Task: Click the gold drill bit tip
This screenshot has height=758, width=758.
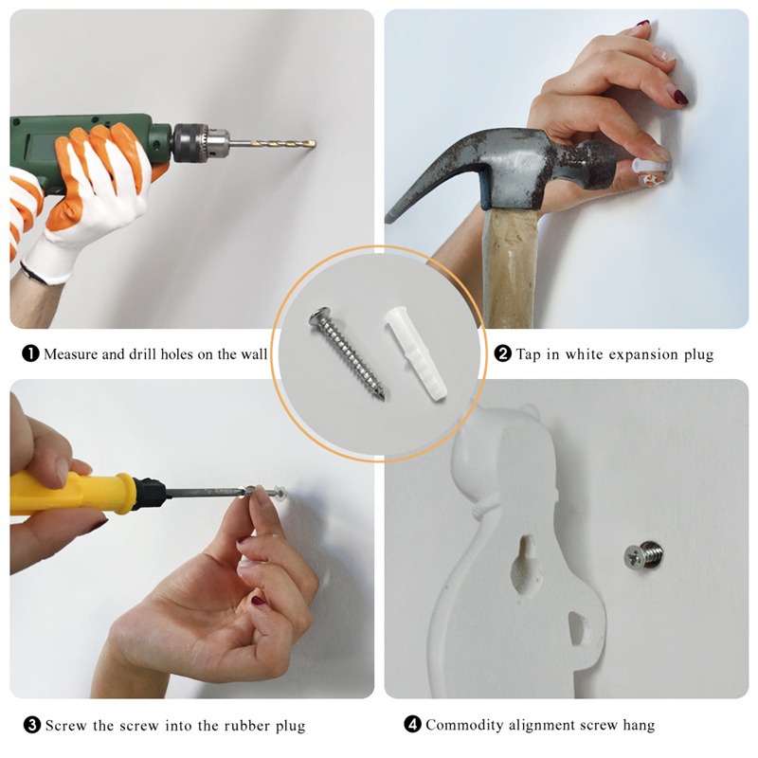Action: pyautogui.click(x=314, y=143)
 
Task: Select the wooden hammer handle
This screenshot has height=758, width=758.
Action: pyautogui.click(x=511, y=268)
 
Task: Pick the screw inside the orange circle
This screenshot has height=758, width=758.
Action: pyautogui.click(x=347, y=352)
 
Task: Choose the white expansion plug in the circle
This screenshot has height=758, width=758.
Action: pyautogui.click(x=415, y=353)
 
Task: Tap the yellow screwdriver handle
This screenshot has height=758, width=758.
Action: pyautogui.click(x=70, y=493)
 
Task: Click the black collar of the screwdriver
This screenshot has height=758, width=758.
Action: pyautogui.click(x=150, y=493)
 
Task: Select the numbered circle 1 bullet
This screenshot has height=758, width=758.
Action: pyautogui.click(x=30, y=353)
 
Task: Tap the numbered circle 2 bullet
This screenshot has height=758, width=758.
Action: pyautogui.click(x=503, y=353)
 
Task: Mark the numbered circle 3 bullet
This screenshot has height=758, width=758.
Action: pyautogui.click(x=32, y=725)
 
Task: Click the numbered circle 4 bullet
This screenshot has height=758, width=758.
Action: pyautogui.click(x=412, y=724)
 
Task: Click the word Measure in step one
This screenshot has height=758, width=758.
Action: pyautogui.click(x=70, y=354)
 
